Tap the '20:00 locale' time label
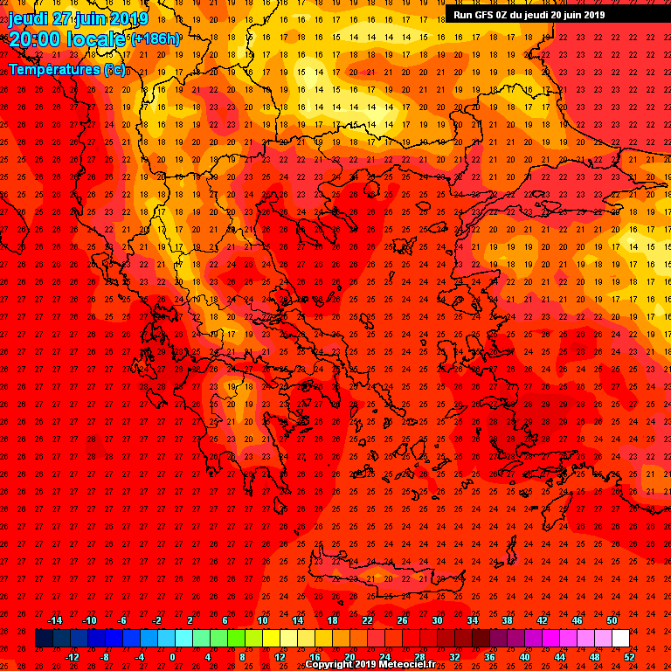[x=67, y=38]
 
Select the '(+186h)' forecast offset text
[x=156, y=38]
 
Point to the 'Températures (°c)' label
[x=67, y=68]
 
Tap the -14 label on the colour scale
[x=54, y=620]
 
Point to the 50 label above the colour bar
[x=612, y=620]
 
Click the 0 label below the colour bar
[x=172, y=656]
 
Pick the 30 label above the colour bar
[x=437, y=620]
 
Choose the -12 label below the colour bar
[x=72, y=656]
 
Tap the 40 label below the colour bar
[x=524, y=656]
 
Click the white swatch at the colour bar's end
[x=620, y=639]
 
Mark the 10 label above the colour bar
[x=262, y=620]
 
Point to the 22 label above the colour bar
[x=367, y=620]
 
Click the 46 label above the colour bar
[x=577, y=620]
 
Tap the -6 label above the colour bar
[x=122, y=620]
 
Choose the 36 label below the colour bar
[x=489, y=656]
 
